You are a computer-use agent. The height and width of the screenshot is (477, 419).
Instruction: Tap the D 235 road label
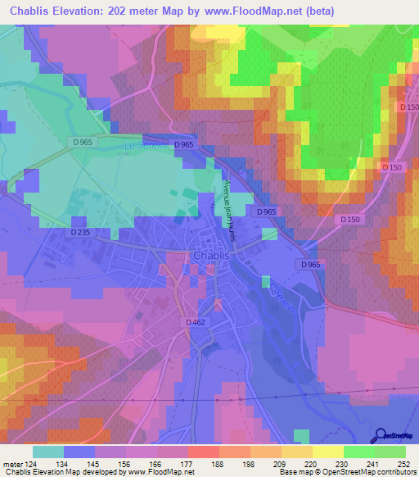click(x=79, y=233)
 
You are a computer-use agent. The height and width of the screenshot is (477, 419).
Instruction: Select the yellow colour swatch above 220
click(x=296, y=451)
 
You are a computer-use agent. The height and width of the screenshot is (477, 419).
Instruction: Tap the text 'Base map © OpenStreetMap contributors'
click(x=350, y=472)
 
